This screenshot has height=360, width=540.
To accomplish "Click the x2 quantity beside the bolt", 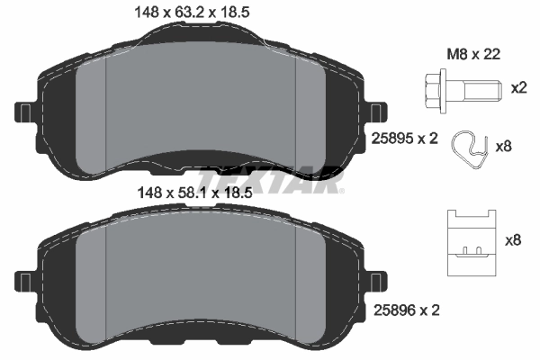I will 518,88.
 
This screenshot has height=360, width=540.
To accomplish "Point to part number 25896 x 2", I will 404,310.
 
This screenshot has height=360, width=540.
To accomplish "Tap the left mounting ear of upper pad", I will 24,112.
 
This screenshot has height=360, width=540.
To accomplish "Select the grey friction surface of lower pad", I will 202,279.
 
